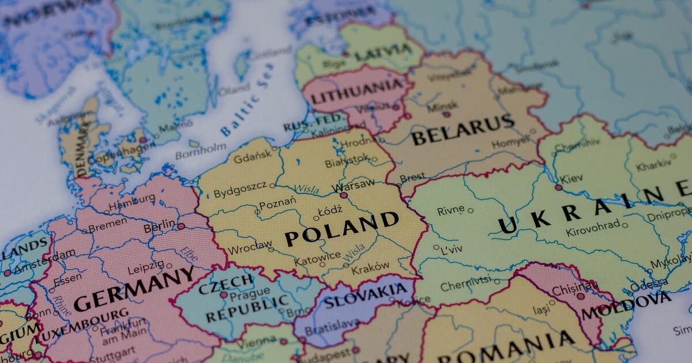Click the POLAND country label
pyautogui.click(x=341, y=229)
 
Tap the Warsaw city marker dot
pyautogui.click(x=344, y=195)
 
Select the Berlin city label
pyautogui.click(x=159, y=228)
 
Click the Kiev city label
pyautogui.click(x=570, y=179)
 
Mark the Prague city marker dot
pyautogui.click(x=223, y=294)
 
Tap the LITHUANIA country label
pyautogui.click(x=357, y=92)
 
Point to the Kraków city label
pyautogui.click(x=370, y=267)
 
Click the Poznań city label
pyautogui.click(x=277, y=203)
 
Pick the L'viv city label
pyautogui.click(x=452, y=251)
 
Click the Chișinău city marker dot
pyautogui.click(x=580, y=296)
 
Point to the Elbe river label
pyautogui.click(x=188, y=253)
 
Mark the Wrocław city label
pyautogui.click(x=250, y=248)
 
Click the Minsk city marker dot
pyautogui.click(x=446, y=114)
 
